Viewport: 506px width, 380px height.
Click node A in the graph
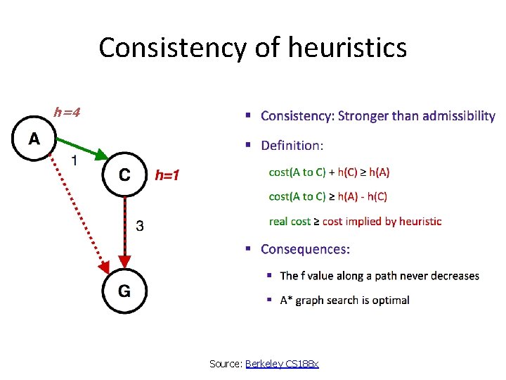click(x=34, y=139)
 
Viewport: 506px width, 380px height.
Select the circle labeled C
click(x=124, y=174)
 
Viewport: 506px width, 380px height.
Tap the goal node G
click(x=124, y=291)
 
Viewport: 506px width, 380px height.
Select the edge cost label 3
click(x=141, y=226)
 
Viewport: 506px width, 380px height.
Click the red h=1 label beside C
click(x=167, y=175)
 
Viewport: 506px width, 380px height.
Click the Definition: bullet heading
click(x=292, y=146)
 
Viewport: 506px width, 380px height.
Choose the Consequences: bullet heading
click(x=305, y=249)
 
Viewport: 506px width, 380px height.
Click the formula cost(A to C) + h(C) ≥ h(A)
click(x=330, y=172)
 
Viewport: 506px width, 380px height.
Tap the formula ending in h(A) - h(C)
click(x=328, y=196)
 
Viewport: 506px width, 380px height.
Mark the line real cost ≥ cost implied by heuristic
click(x=356, y=221)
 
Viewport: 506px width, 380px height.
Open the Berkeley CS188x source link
click(x=282, y=363)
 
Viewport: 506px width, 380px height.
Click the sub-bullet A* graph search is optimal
click(x=344, y=300)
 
